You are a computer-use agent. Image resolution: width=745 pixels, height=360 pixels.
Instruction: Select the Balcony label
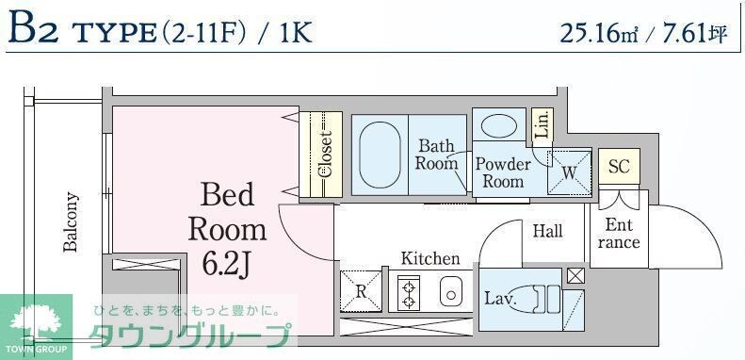click(x=71, y=223)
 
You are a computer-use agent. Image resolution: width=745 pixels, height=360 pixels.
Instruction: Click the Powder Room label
click(x=502, y=172)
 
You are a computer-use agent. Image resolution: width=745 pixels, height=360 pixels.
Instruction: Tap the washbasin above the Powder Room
click(x=500, y=126)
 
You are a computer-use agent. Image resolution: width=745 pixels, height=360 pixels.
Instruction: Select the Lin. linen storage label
click(x=542, y=127)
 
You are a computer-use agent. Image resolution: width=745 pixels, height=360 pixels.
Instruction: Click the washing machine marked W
click(x=570, y=172)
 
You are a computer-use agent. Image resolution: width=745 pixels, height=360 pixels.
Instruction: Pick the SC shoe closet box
click(x=618, y=167)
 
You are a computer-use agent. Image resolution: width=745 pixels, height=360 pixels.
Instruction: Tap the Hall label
click(x=547, y=231)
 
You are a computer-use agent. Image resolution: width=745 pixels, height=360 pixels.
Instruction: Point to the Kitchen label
click(x=430, y=258)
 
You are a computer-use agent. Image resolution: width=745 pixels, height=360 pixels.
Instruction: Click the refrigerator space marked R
click(x=360, y=290)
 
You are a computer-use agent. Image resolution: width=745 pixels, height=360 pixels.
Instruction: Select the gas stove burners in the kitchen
click(x=410, y=292)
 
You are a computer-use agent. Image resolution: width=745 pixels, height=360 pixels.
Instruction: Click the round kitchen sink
click(x=452, y=293)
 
